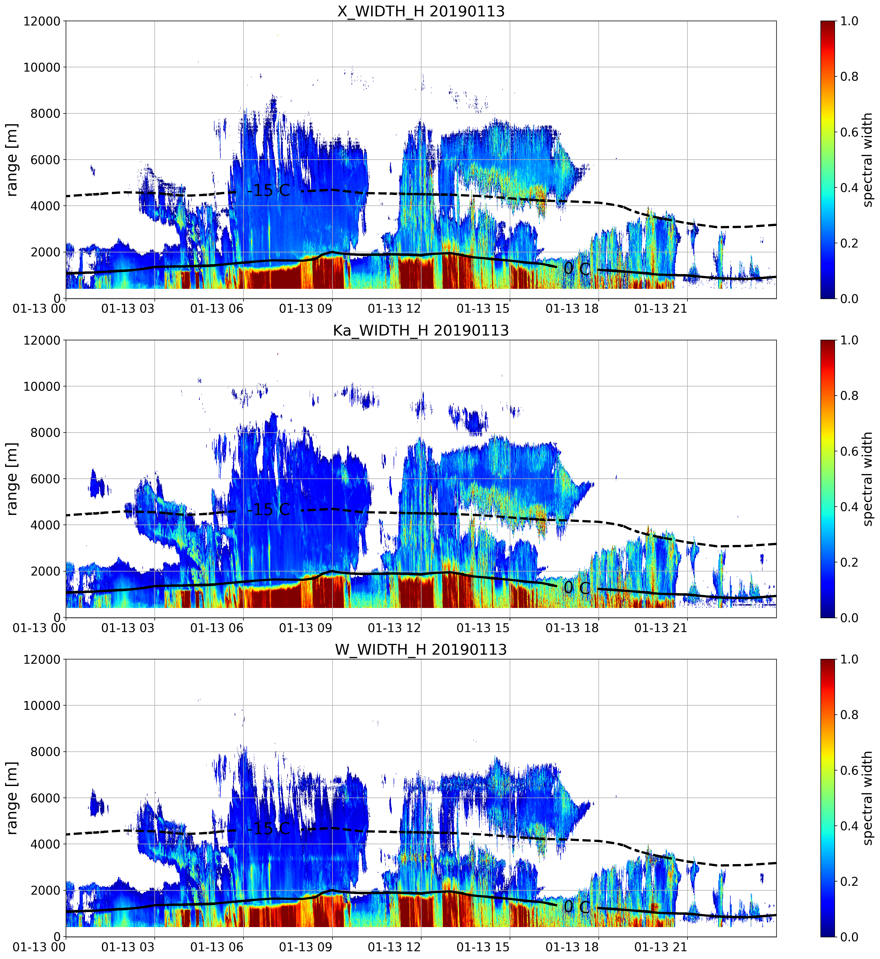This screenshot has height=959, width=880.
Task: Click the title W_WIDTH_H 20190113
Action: click(421, 650)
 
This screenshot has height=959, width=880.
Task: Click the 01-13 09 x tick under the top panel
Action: click(305, 309)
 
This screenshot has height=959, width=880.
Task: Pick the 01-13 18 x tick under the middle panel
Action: click(572, 628)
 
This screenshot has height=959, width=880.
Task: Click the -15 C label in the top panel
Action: click(269, 190)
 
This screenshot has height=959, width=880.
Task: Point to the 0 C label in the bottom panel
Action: click(577, 907)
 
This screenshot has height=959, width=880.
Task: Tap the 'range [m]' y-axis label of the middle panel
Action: click(12, 478)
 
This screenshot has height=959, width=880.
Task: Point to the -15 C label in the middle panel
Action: click(269, 510)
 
